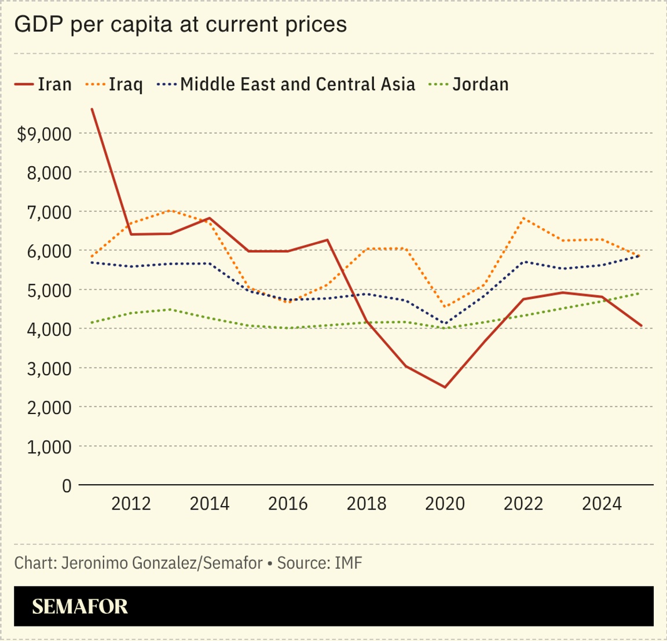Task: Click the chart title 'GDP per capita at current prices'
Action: click(x=180, y=24)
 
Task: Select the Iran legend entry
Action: click(x=43, y=84)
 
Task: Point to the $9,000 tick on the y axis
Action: click(x=44, y=134)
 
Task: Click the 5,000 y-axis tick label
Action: click(x=49, y=290)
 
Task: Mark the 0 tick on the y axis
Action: click(x=67, y=486)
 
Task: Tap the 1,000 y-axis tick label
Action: click(x=49, y=446)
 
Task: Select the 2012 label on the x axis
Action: click(x=131, y=504)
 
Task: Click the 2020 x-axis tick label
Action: click(x=445, y=504)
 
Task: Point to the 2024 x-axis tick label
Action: click(x=602, y=504)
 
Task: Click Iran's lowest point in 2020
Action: click(x=445, y=387)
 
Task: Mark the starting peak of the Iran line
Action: click(x=92, y=109)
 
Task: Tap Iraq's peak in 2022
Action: click(x=523, y=218)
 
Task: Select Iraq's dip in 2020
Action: click(x=445, y=307)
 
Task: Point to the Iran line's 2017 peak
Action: click(x=327, y=240)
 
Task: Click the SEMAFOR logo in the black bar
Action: click(x=80, y=606)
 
